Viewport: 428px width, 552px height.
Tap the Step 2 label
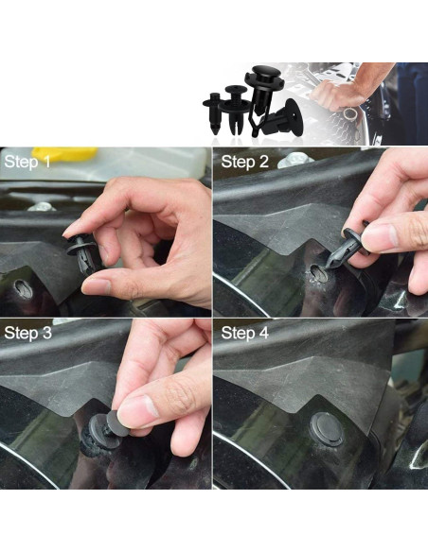click(x=245, y=162)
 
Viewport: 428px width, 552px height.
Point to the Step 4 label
click(x=245, y=333)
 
